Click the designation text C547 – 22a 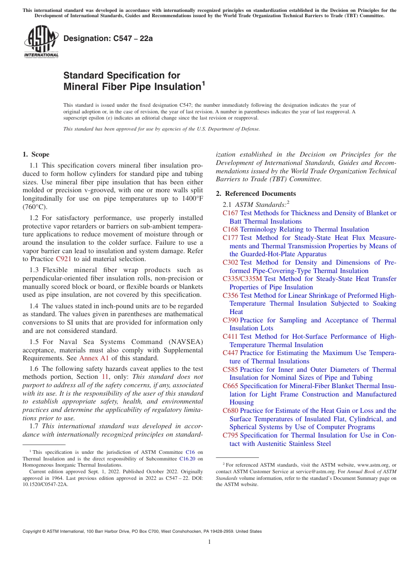108,38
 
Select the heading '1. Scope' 36,154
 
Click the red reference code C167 230,213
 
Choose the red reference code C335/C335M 242,279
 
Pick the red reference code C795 230,435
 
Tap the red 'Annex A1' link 94,358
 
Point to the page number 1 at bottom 209,542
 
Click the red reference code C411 230,337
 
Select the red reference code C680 230,411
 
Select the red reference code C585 230,370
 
